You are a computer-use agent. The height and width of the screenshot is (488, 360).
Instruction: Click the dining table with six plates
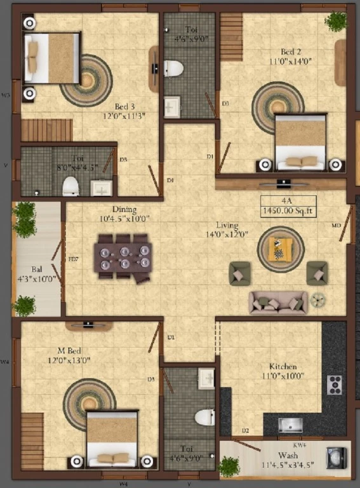click(x=124, y=257)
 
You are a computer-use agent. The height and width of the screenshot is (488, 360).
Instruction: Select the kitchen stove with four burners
click(x=334, y=384)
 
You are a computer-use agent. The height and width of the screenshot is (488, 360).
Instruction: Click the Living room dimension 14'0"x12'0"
click(x=227, y=234)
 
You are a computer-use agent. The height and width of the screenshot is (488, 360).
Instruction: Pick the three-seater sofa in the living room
click(x=278, y=303)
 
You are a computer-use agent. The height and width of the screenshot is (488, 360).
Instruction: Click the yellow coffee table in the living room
click(x=281, y=248)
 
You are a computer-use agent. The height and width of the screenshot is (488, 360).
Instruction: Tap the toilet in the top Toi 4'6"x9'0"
click(x=173, y=68)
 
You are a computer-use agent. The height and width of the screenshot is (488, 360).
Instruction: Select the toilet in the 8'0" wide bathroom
click(x=70, y=186)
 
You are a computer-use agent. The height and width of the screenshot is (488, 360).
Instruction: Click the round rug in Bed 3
click(x=87, y=80)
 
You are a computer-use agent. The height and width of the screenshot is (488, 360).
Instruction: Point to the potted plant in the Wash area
click(x=229, y=467)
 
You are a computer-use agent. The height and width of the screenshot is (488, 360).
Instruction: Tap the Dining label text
click(x=124, y=209)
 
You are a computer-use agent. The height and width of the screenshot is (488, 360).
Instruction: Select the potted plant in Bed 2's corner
click(x=336, y=22)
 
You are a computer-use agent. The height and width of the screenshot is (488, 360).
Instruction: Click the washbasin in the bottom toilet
click(x=206, y=379)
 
